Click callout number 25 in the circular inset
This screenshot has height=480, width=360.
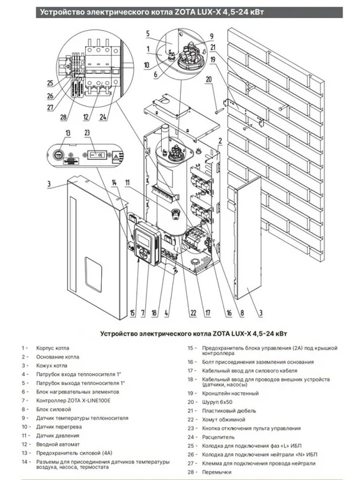click(50, 83)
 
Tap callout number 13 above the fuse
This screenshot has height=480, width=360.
click(68, 133)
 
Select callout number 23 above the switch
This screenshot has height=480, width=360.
click(87, 133)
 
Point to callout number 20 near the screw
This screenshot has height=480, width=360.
click(209, 80)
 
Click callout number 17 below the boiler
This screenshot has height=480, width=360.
click(208, 313)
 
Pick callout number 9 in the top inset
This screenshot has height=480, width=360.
click(211, 37)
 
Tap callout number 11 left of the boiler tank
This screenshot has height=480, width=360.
click(128, 183)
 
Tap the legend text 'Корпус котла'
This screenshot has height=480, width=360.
click(52, 348)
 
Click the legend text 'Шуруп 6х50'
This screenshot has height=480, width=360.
click(217, 402)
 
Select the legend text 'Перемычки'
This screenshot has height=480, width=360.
click(217, 472)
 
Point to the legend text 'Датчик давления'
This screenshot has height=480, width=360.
click(57, 435)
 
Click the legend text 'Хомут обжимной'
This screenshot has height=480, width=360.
click(223, 419)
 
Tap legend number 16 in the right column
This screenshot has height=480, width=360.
click(190, 362)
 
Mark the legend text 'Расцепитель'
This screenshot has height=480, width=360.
click(218, 437)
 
